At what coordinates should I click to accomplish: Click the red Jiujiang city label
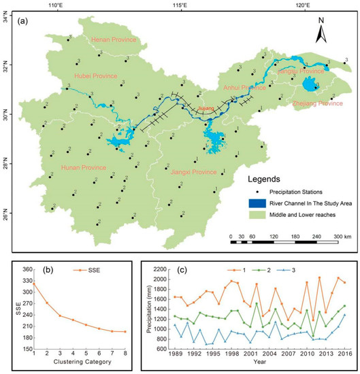click(x=206, y=107)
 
